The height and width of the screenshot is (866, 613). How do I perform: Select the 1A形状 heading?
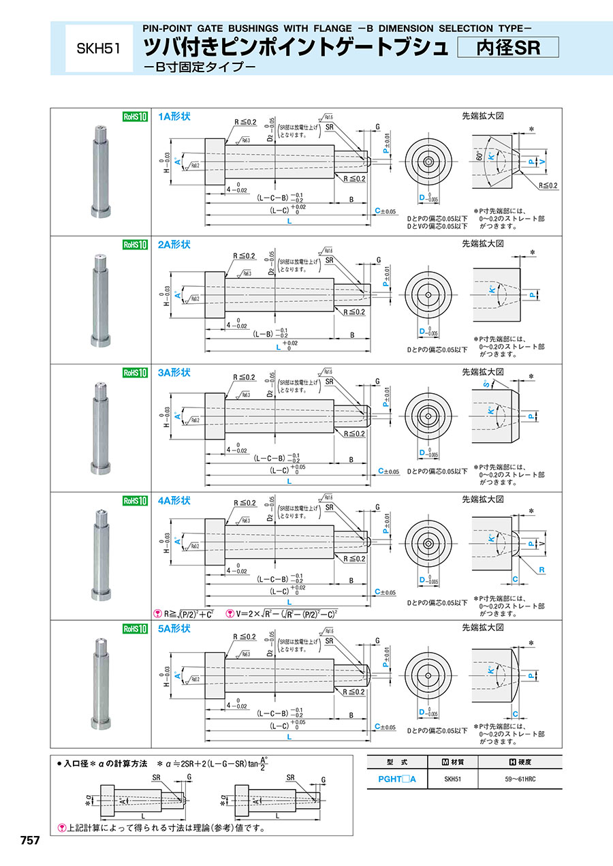coord(174,117)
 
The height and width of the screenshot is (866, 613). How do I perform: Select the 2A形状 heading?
coord(174,244)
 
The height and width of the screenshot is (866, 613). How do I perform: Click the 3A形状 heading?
coord(174,372)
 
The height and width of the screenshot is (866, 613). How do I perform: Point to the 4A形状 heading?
coord(174,500)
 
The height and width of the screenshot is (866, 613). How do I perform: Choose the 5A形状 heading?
coord(174,628)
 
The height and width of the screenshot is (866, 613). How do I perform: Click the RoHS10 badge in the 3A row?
coord(134,373)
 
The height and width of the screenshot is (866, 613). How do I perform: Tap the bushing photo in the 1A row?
coord(100,170)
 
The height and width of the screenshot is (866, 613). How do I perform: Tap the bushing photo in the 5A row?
coord(100,681)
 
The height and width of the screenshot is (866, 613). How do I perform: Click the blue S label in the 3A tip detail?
coord(486,385)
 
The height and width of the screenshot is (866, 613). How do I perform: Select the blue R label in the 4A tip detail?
coord(541,568)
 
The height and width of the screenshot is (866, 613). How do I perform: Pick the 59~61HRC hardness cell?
coord(520,778)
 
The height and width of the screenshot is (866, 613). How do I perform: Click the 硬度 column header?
coord(520,762)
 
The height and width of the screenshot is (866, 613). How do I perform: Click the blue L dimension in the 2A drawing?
coord(278,347)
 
